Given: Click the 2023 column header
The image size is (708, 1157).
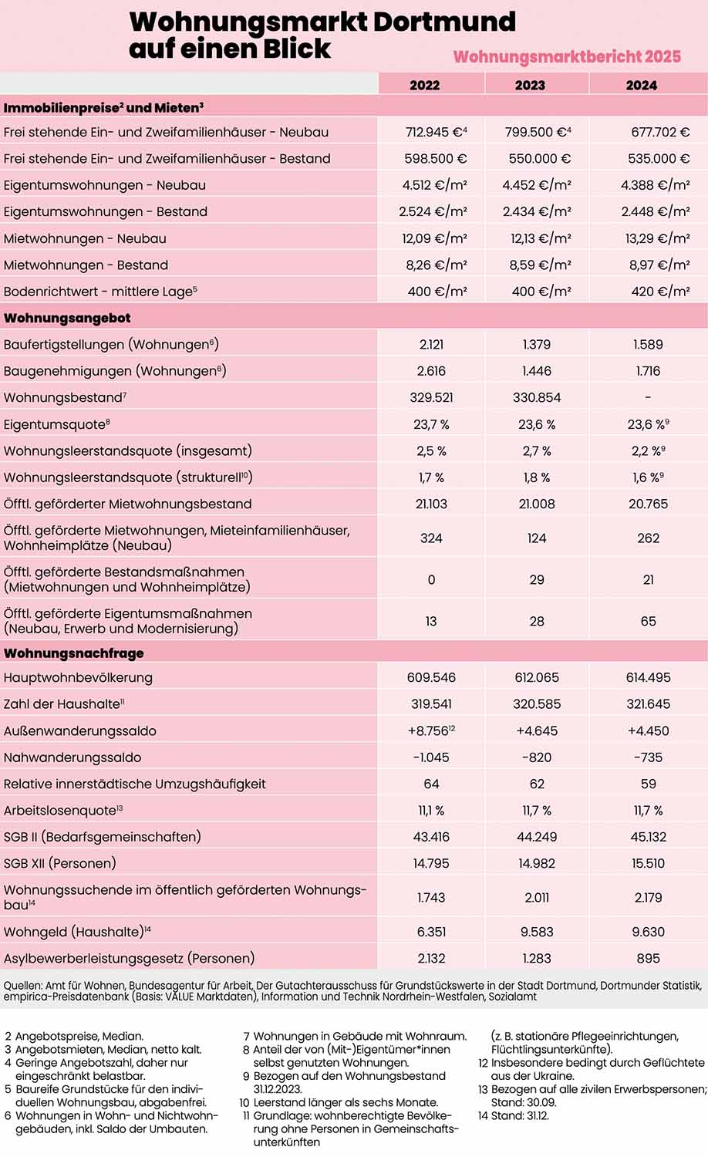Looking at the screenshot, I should (530, 85).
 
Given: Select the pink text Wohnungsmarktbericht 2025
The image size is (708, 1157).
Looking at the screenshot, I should (567, 56).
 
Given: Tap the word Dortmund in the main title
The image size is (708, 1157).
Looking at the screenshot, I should (443, 22).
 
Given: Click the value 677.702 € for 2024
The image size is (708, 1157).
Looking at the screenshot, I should (659, 132).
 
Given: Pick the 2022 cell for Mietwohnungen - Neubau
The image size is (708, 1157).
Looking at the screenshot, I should (434, 238).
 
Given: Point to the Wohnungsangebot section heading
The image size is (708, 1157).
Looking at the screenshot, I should (67, 318).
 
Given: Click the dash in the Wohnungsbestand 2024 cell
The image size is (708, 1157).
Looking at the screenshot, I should (648, 397).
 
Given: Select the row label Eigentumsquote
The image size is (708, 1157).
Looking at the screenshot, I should (54, 424).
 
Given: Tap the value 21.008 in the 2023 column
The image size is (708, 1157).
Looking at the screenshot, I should (537, 504).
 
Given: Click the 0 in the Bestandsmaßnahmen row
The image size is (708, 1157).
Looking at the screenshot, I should (431, 579).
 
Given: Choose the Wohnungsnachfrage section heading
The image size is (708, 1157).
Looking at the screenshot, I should (73, 653).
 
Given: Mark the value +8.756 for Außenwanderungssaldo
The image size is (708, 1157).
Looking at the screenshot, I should (429, 730).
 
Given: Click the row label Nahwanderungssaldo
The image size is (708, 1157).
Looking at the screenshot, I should (72, 757).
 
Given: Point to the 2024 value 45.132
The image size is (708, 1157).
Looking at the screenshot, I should (648, 837).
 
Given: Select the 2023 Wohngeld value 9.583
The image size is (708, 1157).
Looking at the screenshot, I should (537, 932).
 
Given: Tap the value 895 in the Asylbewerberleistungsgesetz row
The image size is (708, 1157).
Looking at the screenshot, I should (648, 958).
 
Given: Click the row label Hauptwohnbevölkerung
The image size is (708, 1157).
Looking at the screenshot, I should (78, 677).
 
